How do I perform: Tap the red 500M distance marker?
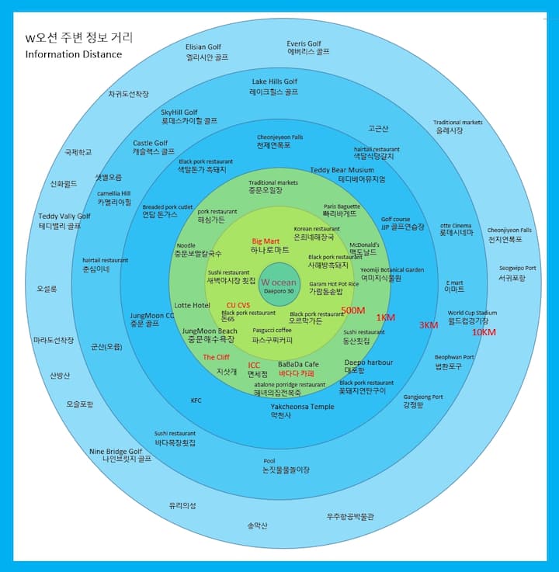click(352, 310)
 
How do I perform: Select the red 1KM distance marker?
click(387, 317)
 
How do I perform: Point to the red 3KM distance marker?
click(429, 325)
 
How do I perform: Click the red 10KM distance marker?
click(484, 332)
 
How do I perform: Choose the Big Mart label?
click(266, 241)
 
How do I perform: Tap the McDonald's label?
click(364, 244)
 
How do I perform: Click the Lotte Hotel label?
click(192, 306)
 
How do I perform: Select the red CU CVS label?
click(238, 305)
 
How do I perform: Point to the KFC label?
click(196, 400)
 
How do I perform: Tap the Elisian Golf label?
click(203, 47)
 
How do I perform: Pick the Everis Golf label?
click(304, 43)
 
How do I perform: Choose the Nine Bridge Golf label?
click(116, 451)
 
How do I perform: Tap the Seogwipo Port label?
click(517, 269)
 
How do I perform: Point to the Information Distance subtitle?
click(73, 54)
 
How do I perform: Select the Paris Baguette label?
click(342, 206)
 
